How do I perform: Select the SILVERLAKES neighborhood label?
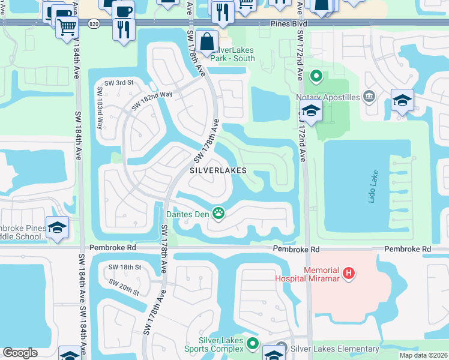click(218, 170)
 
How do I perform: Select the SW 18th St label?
click(124, 266)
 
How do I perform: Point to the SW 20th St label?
click(124, 287)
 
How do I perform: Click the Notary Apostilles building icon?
click(369, 95)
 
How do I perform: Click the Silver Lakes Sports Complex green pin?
click(253, 344)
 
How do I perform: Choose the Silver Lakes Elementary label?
click(334, 349)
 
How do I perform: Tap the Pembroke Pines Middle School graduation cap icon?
click(57, 228)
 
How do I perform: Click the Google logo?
click(19, 353)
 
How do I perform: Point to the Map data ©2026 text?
click(423, 355)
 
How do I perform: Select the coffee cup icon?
click(124, 11)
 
